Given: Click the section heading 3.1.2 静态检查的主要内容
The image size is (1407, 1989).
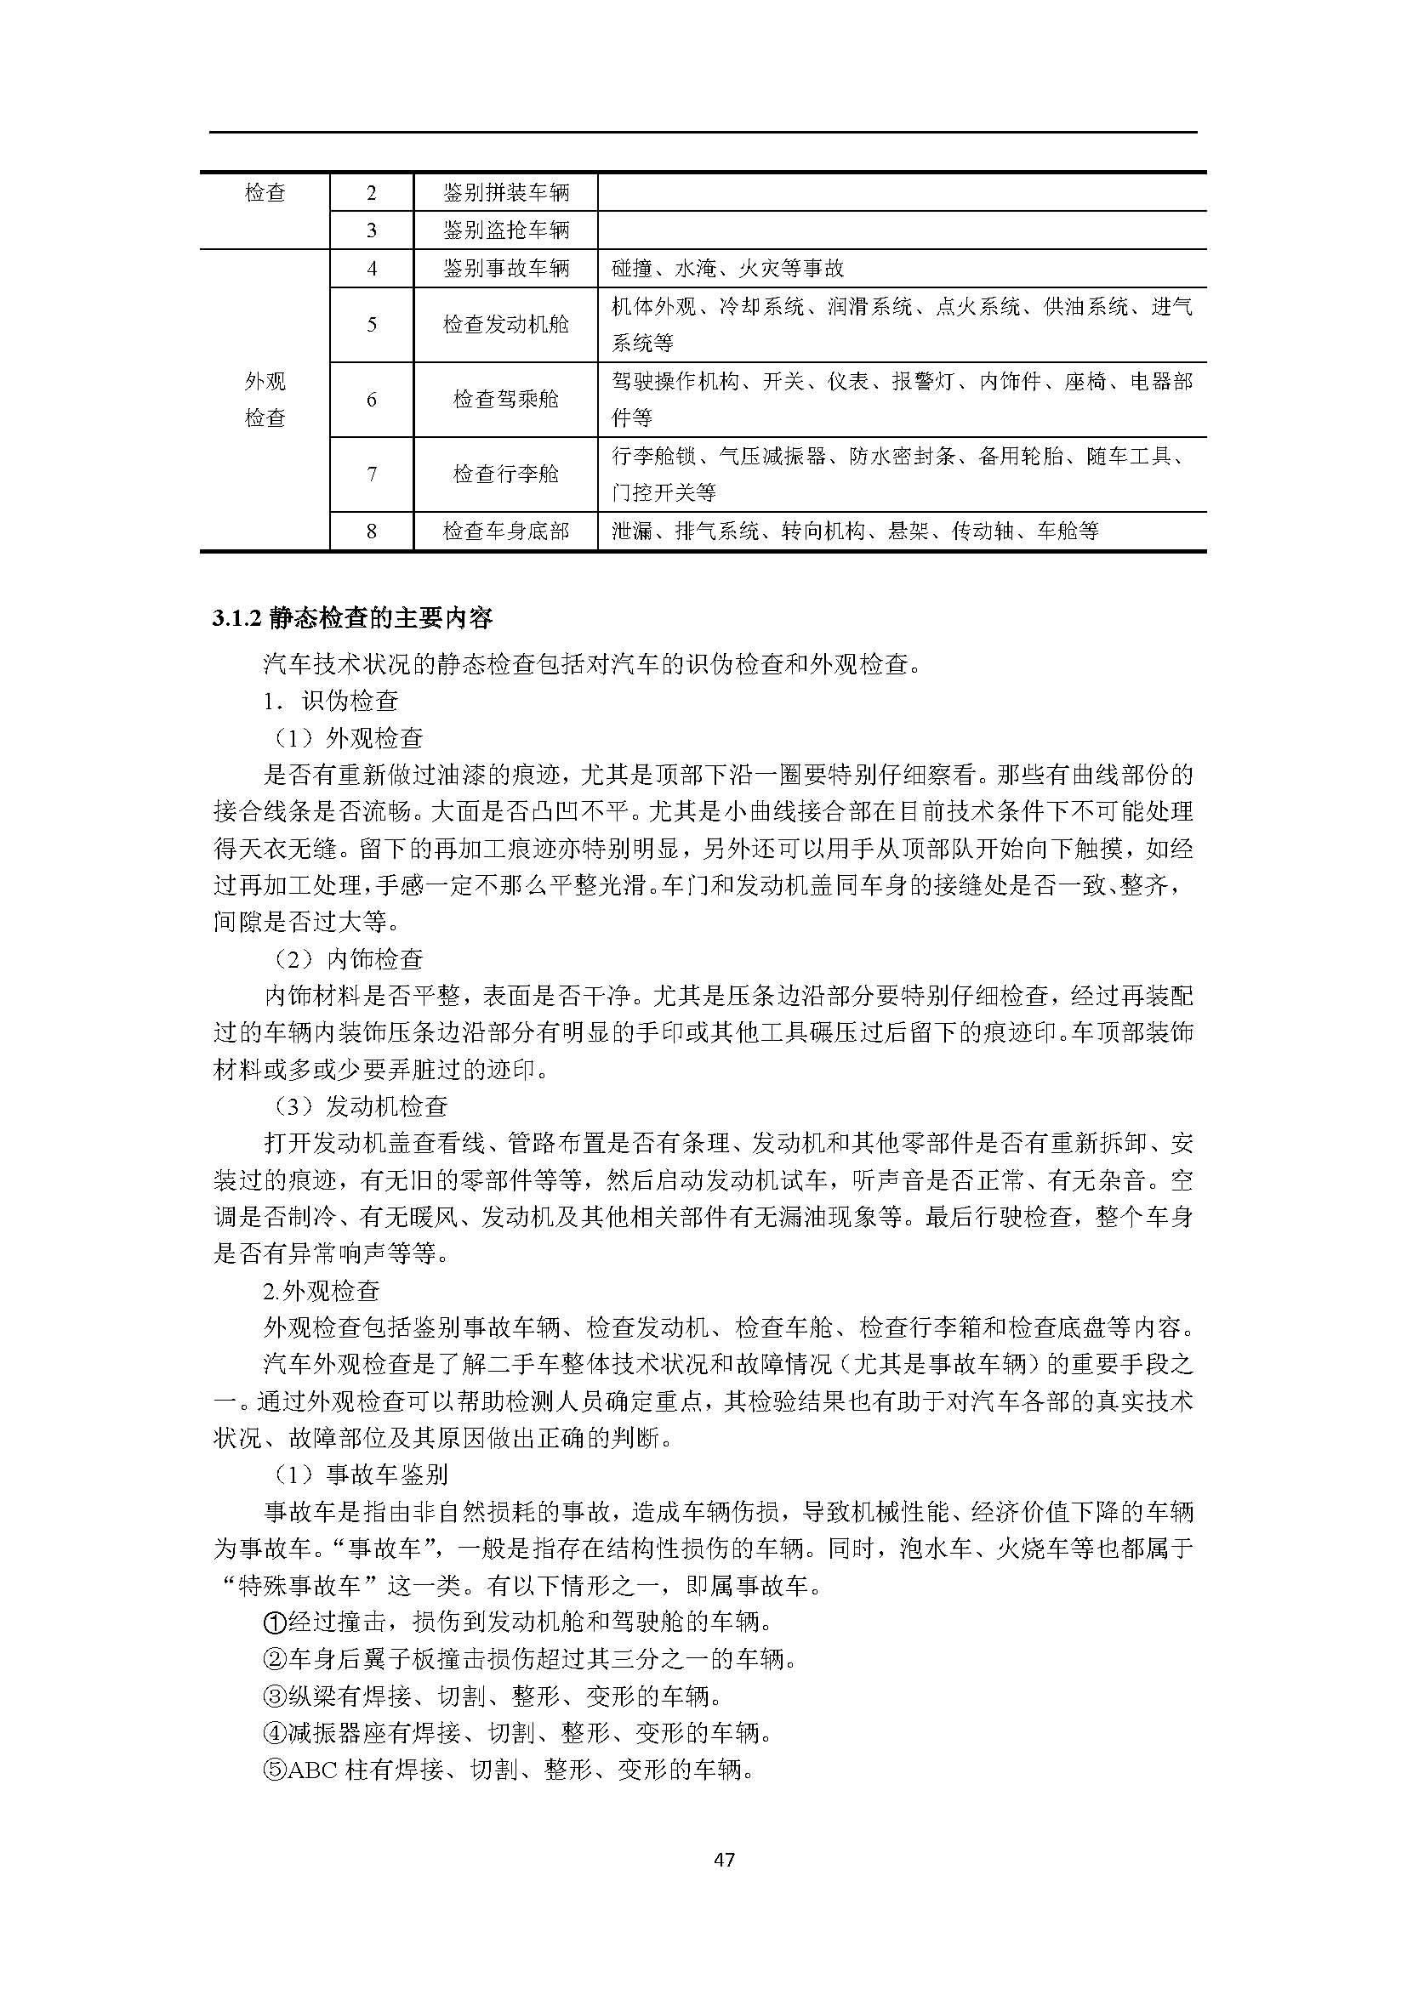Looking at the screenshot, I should (x=352, y=617).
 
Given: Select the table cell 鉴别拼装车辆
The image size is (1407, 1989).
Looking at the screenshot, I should (x=506, y=192).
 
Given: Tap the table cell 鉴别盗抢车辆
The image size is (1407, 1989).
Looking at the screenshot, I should (x=506, y=230).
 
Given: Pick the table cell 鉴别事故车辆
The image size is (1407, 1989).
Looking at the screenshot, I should (x=506, y=269).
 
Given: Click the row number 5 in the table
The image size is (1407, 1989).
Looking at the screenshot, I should (x=372, y=325).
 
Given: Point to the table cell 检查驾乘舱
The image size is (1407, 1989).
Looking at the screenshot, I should (x=506, y=400).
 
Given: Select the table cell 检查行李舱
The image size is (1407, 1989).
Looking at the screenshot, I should (x=506, y=474).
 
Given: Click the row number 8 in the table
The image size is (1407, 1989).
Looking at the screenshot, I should (x=372, y=531).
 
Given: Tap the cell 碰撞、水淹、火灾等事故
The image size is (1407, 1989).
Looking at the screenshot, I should (x=728, y=269).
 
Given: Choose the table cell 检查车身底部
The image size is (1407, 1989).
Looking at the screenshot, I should (x=506, y=531).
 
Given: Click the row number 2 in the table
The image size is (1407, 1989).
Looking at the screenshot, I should (x=372, y=192).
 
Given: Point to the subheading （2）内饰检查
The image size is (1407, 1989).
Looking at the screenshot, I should (x=347, y=959).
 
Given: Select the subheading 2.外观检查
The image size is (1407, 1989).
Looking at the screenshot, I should (x=322, y=1291).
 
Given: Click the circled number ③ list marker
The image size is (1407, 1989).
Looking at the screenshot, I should (x=274, y=1696).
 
